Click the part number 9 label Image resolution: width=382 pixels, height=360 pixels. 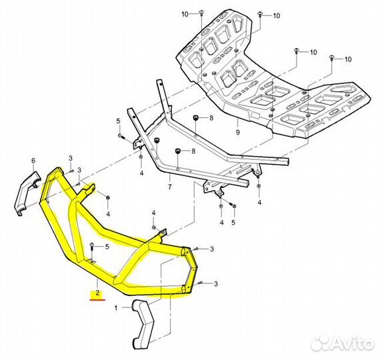(237, 132)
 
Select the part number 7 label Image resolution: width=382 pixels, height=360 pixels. (169, 187)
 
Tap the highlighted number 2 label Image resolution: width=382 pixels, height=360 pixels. (98, 293)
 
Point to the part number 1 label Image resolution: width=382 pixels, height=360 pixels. (116, 308)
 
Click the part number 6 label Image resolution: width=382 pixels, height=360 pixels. (33, 161)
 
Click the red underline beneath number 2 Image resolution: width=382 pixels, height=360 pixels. (98, 300)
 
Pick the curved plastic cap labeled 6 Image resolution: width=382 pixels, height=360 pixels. (27, 193)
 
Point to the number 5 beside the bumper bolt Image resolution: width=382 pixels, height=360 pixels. (107, 247)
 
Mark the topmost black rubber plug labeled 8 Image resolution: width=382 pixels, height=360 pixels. (195, 118)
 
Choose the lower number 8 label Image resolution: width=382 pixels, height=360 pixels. (193, 151)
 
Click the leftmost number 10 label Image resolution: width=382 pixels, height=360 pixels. (185, 15)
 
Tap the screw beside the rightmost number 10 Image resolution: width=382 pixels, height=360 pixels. (331, 58)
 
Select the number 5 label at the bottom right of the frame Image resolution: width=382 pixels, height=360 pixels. (233, 223)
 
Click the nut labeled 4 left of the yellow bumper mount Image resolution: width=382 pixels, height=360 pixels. (108, 197)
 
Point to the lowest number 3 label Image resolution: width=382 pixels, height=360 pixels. (215, 284)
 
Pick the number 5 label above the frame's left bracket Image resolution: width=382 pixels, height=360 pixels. (119, 121)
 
